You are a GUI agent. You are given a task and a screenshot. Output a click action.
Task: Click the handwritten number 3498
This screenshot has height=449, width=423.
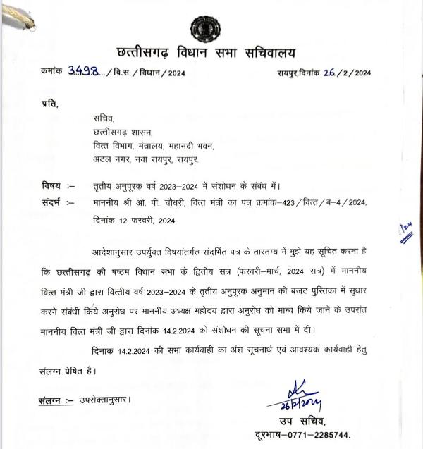point(82,73)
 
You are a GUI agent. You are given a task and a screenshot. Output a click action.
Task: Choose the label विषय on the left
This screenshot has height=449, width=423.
point(51,187)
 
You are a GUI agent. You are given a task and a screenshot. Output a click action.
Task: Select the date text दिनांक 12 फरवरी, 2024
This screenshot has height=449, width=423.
point(133,221)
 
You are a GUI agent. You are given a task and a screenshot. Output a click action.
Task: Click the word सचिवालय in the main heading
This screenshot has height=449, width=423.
point(270,53)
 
